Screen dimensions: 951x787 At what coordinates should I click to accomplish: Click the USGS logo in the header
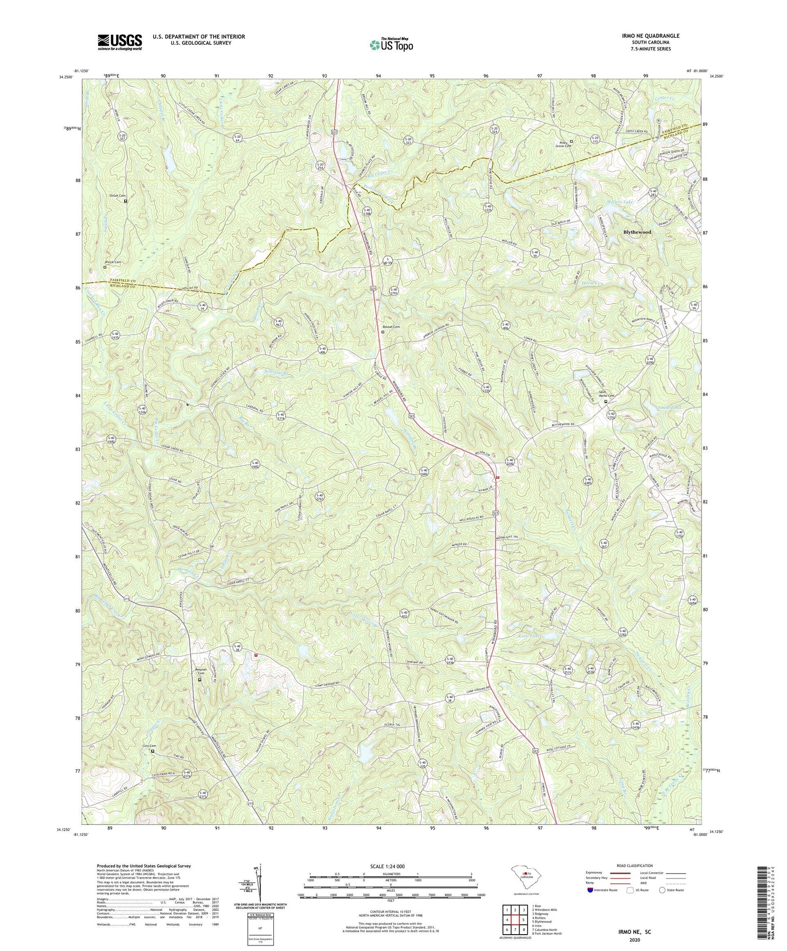click(120, 42)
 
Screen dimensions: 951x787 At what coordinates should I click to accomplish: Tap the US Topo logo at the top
click(391, 44)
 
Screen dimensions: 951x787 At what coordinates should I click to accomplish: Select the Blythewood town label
click(637, 232)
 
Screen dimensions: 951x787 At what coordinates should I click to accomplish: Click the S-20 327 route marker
click(123, 138)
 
